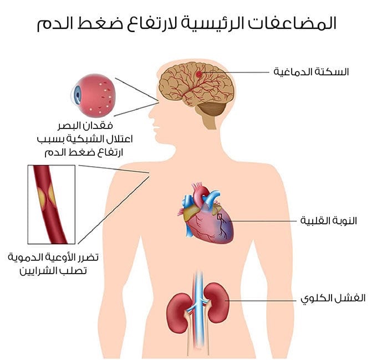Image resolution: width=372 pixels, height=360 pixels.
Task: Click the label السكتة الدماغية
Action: tap(312, 73)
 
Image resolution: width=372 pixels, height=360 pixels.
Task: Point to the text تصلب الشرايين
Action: tap(54, 270)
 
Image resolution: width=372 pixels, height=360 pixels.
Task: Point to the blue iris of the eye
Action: tap(76, 95)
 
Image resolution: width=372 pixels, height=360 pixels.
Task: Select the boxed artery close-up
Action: tap(51, 204)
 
